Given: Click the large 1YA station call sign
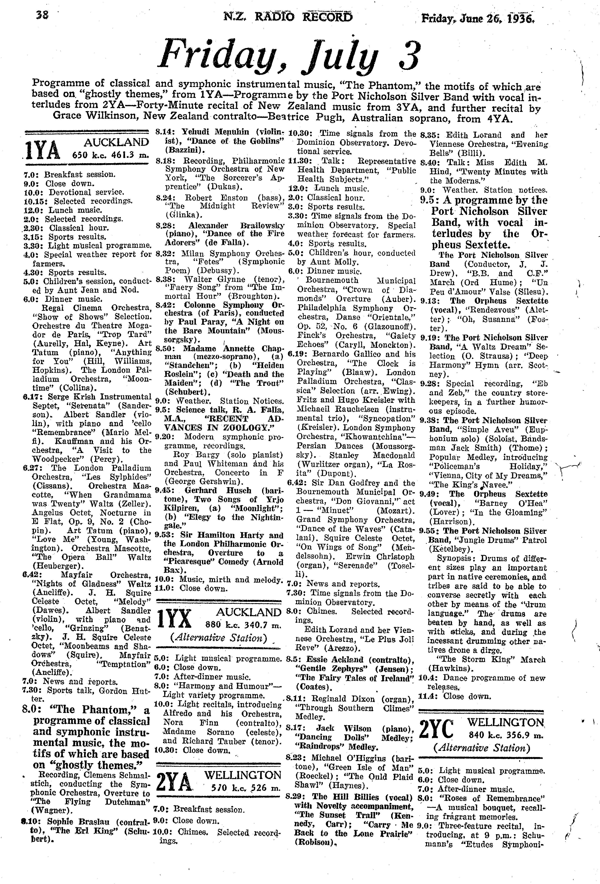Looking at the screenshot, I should [42, 151].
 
